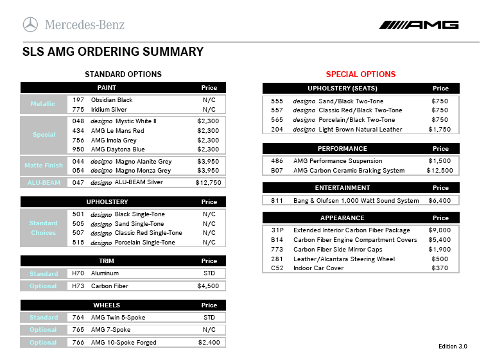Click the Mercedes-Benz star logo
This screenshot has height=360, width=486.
click(x=30, y=25)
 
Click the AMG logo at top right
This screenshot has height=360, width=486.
click(x=419, y=25)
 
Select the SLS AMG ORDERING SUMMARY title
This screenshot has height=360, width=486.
click(x=113, y=52)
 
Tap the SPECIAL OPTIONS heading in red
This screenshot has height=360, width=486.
click(x=361, y=74)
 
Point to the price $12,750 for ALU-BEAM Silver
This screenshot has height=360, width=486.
click(x=208, y=183)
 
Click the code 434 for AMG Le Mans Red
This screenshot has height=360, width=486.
click(x=78, y=131)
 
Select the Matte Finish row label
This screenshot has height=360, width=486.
click(x=44, y=166)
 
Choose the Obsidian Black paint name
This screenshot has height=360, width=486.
click(x=112, y=100)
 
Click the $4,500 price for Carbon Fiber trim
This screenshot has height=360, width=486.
click(x=208, y=286)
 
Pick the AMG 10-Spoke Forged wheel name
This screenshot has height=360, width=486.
click(x=124, y=343)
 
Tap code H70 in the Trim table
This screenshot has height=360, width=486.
click(x=78, y=273)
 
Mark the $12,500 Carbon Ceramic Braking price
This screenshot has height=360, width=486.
click(x=439, y=171)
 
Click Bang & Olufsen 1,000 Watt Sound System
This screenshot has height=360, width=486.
click(x=356, y=201)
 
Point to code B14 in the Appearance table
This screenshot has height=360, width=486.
click(x=277, y=239)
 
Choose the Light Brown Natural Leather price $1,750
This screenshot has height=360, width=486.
click(x=439, y=130)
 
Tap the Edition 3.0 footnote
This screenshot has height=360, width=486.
click(x=453, y=347)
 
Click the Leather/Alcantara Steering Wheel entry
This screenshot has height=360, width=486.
click(x=344, y=259)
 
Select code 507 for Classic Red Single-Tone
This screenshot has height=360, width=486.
click(x=78, y=233)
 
